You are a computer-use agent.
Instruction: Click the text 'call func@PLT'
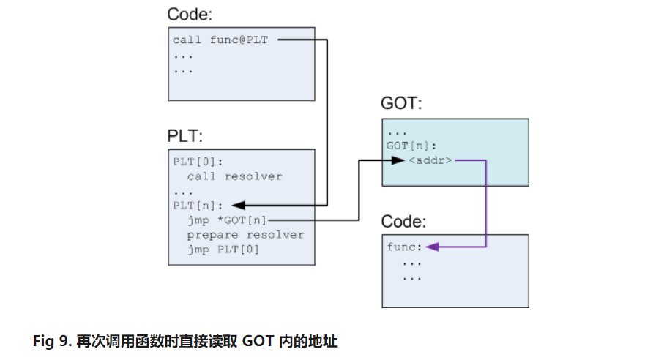[220, 40]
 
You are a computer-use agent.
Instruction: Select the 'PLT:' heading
[185, 137]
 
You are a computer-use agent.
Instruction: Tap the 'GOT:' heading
[401, 103]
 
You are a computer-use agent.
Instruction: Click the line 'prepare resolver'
[245, 234]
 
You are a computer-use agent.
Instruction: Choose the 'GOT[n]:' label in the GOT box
[410, 146]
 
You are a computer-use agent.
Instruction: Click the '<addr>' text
[430, 160]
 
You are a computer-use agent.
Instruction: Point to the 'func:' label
[403, 247]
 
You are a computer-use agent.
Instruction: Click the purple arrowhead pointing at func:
[432, 247]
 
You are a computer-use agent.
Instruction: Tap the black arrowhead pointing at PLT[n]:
[239, 205]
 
